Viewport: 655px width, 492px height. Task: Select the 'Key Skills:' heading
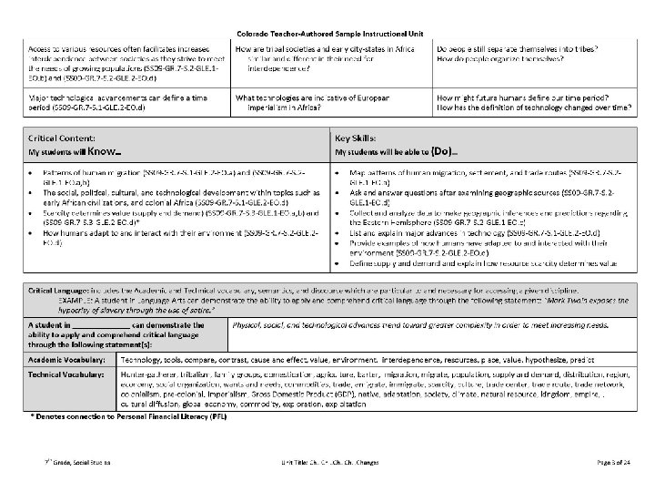click(358, 134)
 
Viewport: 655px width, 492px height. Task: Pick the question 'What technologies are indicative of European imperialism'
click(320, 100)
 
